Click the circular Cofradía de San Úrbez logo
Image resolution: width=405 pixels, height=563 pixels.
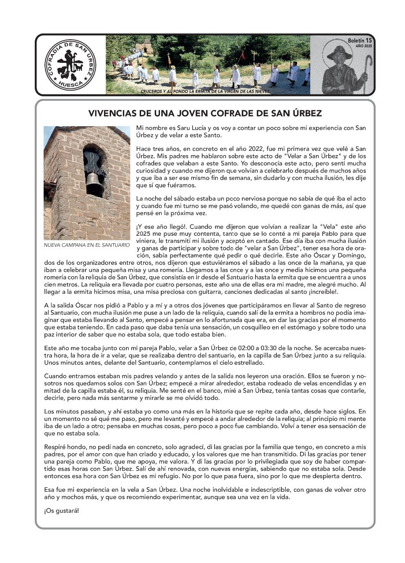pos(70,65)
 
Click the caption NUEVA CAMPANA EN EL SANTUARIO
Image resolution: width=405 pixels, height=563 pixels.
pos(86,245)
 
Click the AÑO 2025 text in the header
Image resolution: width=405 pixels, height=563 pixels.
pos(364,46)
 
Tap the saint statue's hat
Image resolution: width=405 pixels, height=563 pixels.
pos(339,52)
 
